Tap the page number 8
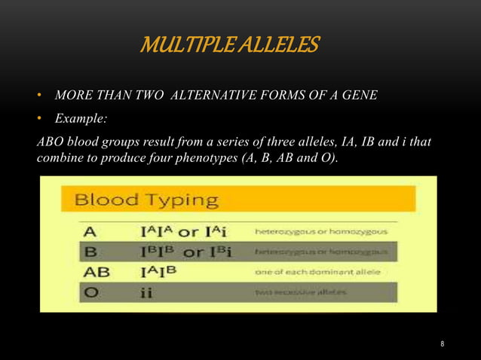pos(443,344)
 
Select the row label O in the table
pos(89,292)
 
